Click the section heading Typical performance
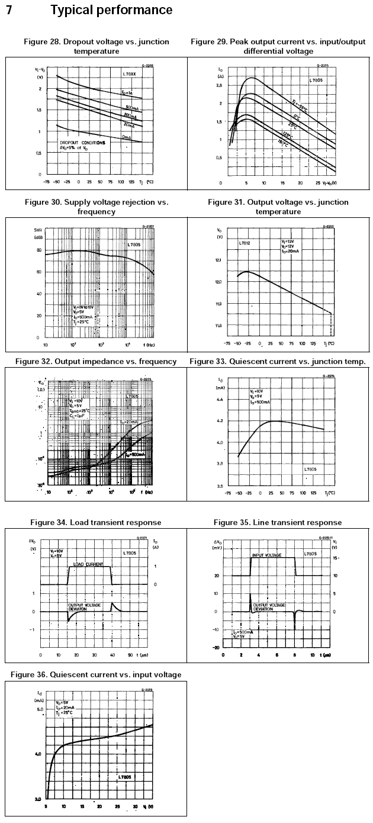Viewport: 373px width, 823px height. click(x=111, y=10)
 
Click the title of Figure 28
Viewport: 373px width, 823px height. click(x=96, y=46)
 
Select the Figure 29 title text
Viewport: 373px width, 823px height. click(x=278, y=46)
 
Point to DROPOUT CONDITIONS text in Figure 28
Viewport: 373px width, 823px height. click(x=82, y=143)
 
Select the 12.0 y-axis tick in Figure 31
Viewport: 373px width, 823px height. click(x=218, y=282)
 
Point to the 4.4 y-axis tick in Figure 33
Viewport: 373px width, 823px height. click(x=218, y=400)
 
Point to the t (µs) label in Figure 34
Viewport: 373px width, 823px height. click(x=143, y=655)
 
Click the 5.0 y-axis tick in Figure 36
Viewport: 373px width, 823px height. click(x=40, y=709)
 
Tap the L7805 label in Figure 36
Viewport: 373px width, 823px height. click(x=125, y=776)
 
